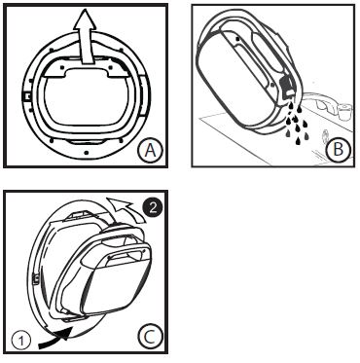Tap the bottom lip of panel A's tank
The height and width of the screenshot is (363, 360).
[x=88, y=140]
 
